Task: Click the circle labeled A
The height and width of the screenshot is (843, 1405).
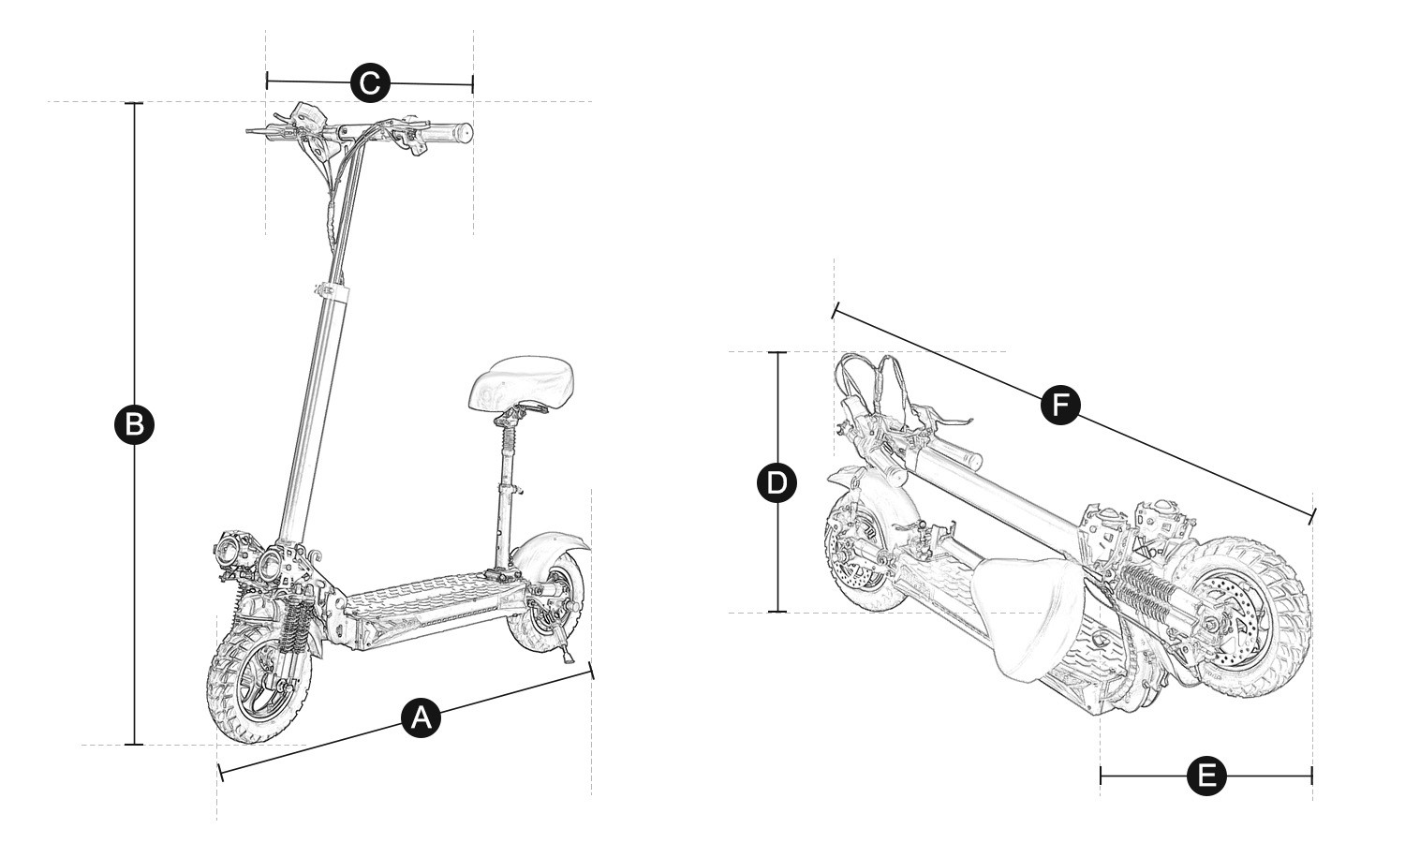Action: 421,717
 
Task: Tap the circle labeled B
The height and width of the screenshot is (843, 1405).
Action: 134,424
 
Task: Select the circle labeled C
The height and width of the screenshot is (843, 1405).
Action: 370,82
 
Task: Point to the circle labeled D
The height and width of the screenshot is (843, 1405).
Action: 776,483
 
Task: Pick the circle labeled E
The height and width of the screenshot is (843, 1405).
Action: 1206,776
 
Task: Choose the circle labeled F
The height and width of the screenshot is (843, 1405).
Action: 1060,406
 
